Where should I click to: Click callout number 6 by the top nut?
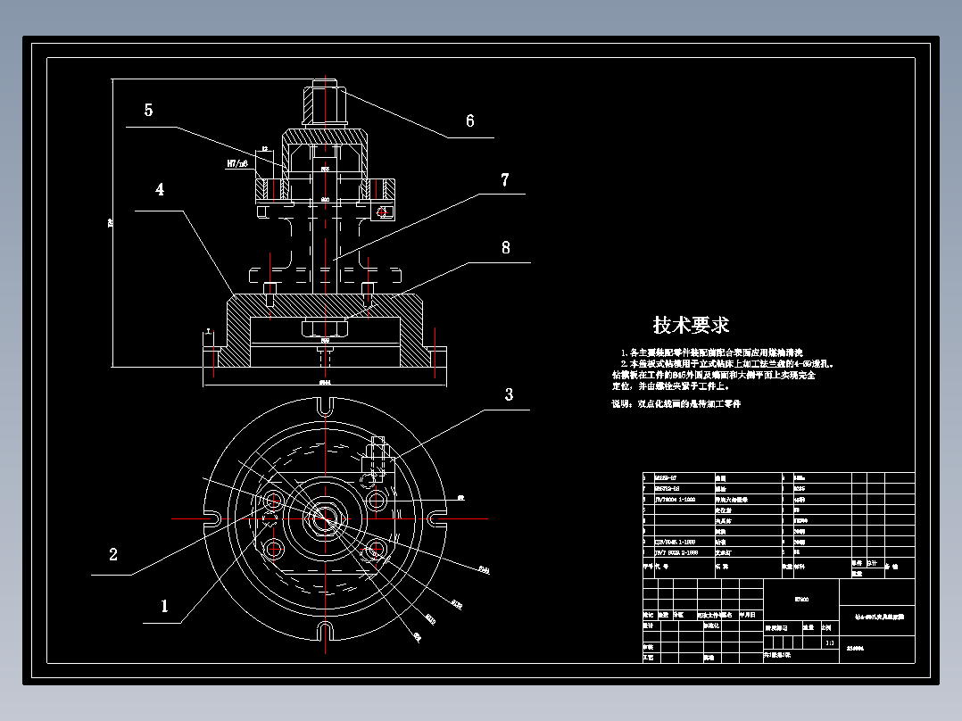[470, 121]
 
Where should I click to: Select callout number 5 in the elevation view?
[148, 110]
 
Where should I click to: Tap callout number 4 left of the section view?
[160, 190]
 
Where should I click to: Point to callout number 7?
[504, 180]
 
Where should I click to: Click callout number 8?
[505, 248]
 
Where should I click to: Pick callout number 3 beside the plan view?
[509, 394]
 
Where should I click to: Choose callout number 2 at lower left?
[113, 554]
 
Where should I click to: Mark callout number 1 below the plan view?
[164, 606]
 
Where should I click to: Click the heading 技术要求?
[691, 325]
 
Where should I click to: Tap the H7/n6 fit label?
[237, 164]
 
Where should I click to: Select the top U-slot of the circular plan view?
[325, 406]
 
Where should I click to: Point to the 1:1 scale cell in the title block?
[830, 642]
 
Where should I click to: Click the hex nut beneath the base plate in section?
[324, 327]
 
